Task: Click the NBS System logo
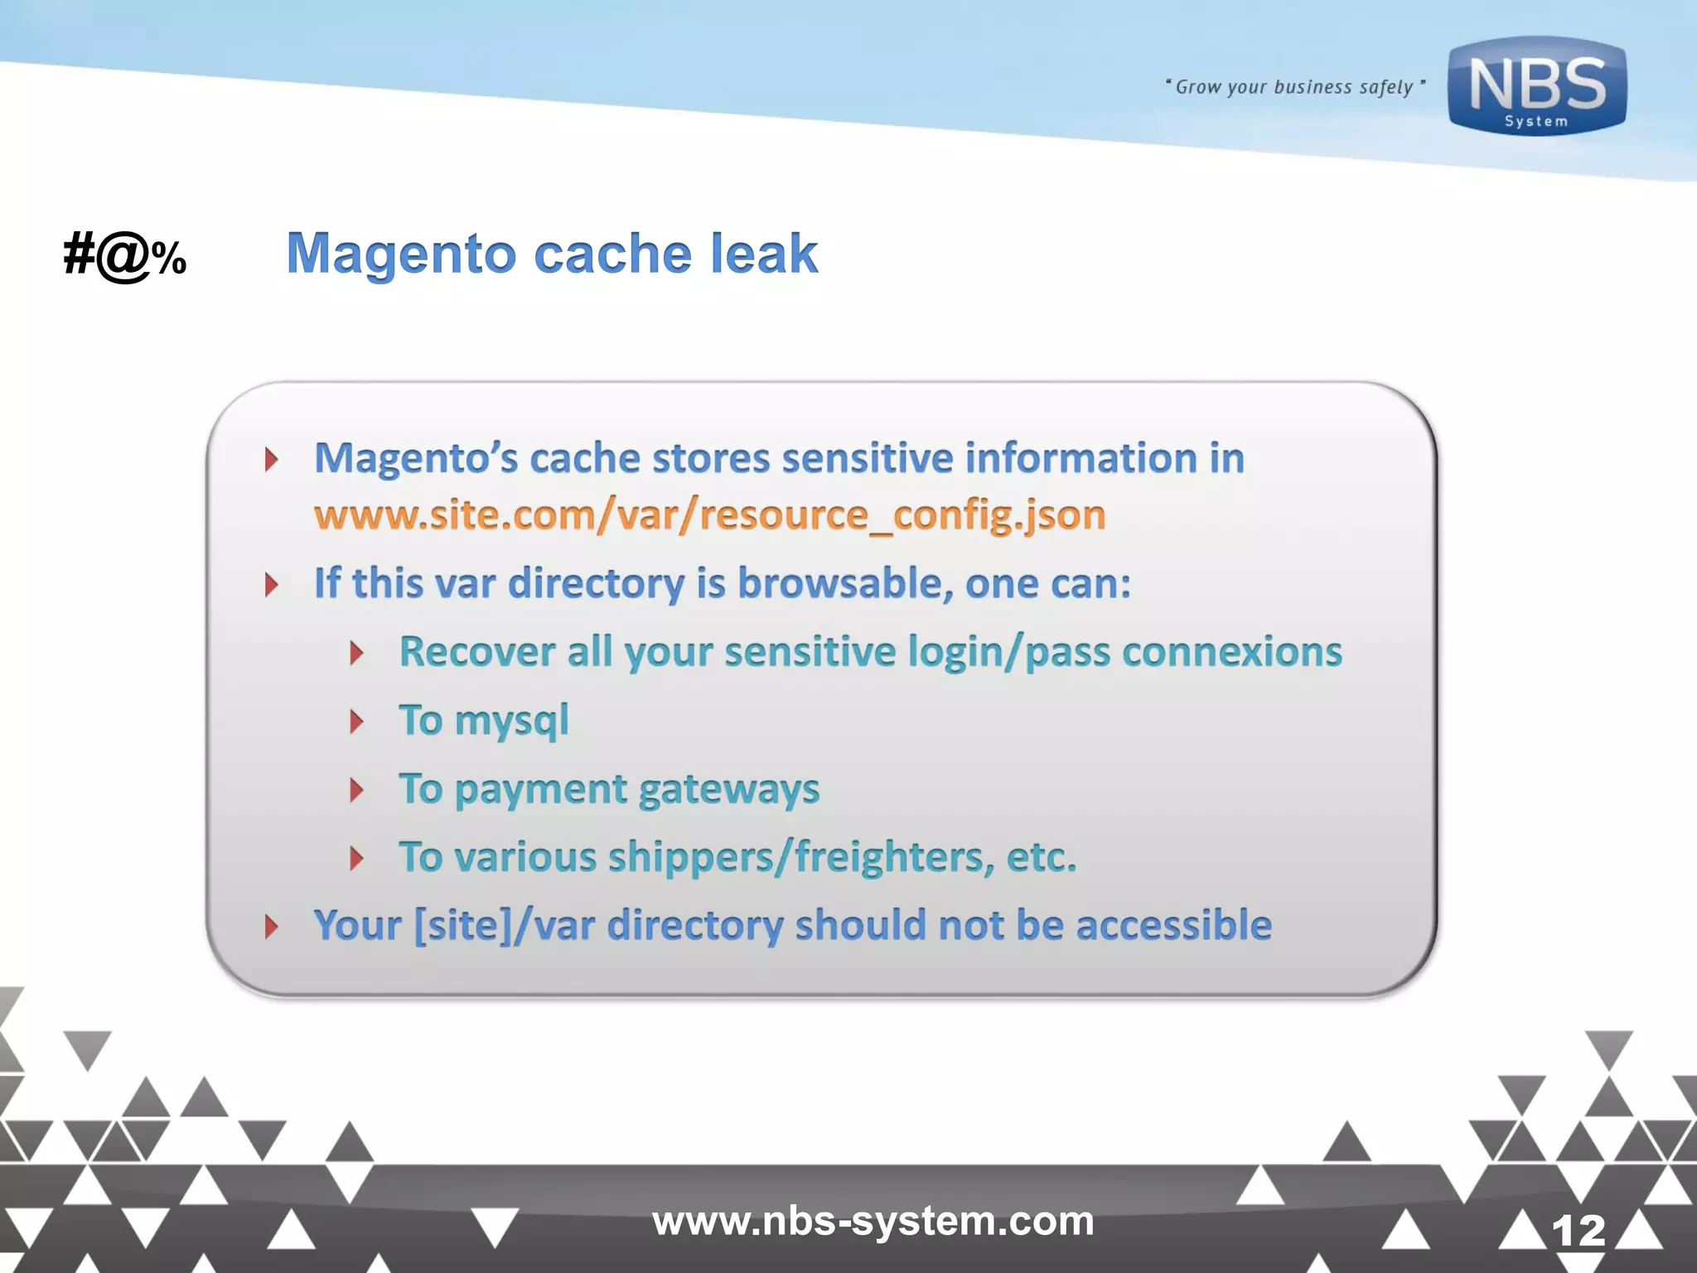(1537, 86)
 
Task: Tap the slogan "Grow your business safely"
(1294, 87)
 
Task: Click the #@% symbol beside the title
(125, 255)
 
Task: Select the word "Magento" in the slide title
(401, 254)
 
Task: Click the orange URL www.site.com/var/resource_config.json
(709, 515)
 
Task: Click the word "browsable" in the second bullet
(839, 583)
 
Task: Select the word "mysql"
(511, 721)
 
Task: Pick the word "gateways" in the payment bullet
(729, 790)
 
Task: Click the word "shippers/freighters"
(801, 858)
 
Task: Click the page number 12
(1578, 1230)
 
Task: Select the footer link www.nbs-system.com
(873, 1221)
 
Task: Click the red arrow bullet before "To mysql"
(357, 722)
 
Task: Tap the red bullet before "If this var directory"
(271, 585)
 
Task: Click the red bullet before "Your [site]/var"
(271, 927)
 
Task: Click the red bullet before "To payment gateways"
(357, 791)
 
